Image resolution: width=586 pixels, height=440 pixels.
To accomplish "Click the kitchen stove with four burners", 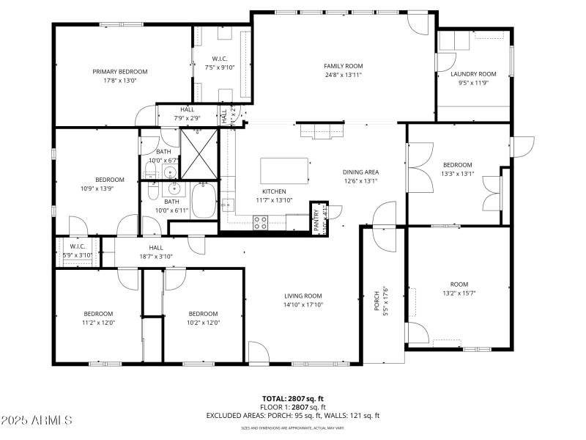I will point(260,222).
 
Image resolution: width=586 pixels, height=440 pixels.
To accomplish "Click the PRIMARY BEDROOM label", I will point(120,72).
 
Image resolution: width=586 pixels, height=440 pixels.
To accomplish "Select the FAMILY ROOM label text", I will point(344,66).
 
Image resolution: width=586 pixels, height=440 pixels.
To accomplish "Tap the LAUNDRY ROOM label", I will point(473,74).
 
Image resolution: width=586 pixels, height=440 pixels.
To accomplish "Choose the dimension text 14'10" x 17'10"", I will point(303,305).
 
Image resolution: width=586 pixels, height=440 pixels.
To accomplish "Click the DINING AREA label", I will point(360,172).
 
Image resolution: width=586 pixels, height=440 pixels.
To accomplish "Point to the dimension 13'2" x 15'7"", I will point(459,293).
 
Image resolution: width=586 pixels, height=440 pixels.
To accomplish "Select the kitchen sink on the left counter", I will point(229,205).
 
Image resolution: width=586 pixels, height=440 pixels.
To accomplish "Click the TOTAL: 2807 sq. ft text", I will point(292,399).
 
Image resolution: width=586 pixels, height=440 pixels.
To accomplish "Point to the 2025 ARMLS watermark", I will point(37,420).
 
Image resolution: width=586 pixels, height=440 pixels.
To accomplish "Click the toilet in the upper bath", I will point(150,172).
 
